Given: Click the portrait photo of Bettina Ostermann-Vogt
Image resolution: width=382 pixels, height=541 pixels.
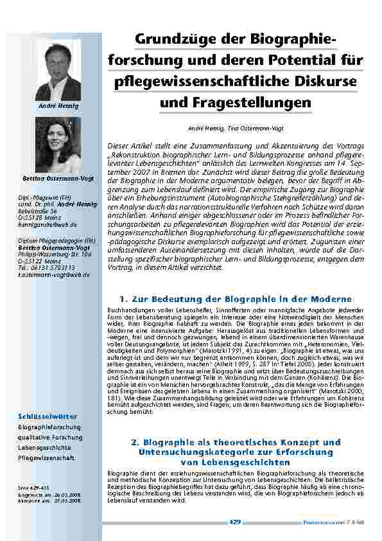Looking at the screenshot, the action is [x=58, y=147].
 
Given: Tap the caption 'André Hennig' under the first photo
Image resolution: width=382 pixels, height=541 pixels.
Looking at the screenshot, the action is [x=58, y=105].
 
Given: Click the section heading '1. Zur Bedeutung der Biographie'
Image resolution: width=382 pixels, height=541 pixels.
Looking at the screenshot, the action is [x=236, y=299].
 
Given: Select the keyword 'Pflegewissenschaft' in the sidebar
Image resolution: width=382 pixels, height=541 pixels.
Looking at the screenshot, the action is [x=47, y=458].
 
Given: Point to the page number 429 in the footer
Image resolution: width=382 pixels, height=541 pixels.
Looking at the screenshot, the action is [x=234, y=521].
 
